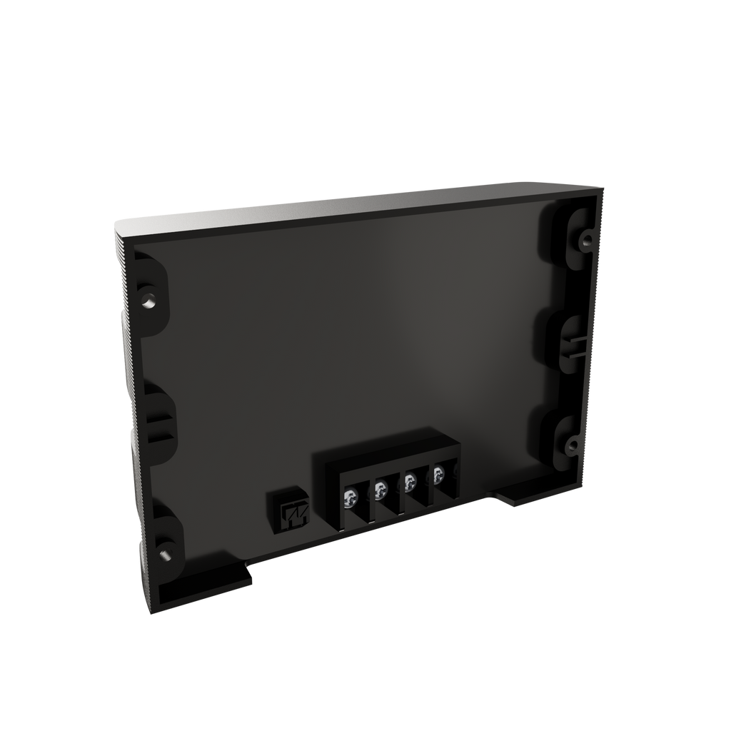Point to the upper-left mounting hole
148,301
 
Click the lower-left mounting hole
164,553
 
